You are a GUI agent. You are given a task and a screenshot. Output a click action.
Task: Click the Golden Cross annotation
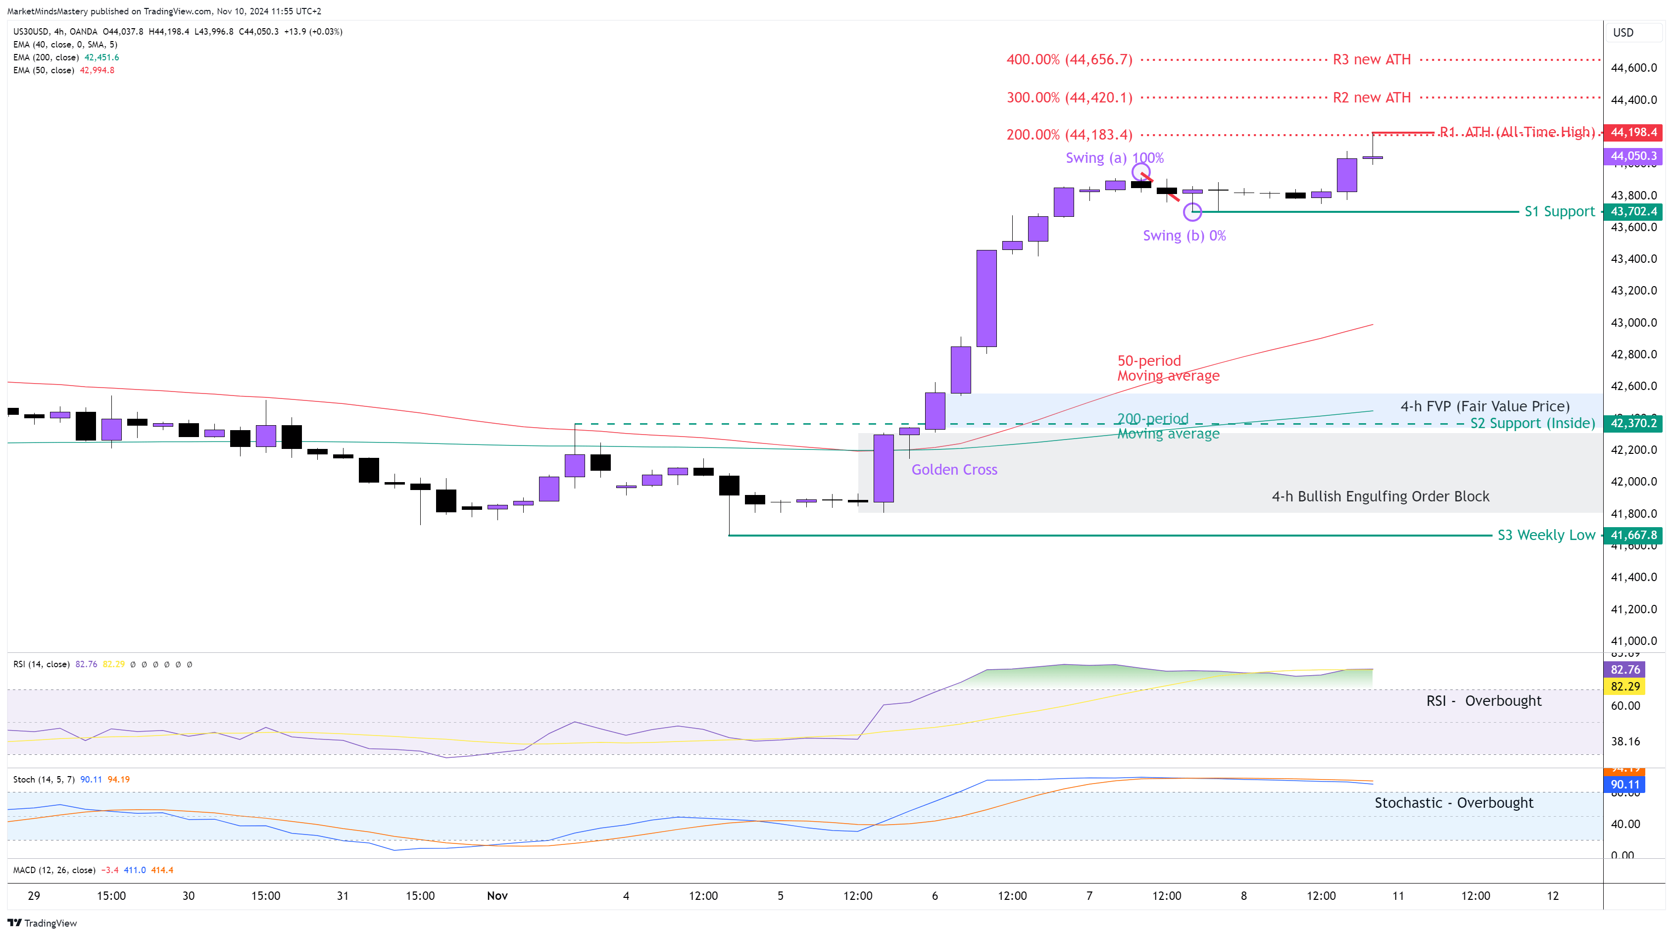(x=954, y=470)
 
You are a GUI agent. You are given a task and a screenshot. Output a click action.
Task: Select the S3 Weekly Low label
(x=1546, y=535)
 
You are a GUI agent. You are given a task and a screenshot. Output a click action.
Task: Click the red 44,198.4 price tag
(x=1633, y=133)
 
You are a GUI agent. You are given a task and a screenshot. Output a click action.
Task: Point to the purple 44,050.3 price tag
(x=1633, y=156)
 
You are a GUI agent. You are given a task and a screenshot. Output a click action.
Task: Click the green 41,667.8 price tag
(x=1633, y=535)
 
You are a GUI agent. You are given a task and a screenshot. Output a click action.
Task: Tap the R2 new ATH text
(x=1372, y=98)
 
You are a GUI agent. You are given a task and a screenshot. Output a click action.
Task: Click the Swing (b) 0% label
(x=1184, y=236)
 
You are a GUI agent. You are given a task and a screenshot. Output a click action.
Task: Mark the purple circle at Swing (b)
(x=1192, y=212)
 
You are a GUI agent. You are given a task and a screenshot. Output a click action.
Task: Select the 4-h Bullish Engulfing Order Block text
(x=1380, y=496)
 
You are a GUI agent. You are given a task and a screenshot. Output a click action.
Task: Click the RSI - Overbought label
(x=1483, y=701)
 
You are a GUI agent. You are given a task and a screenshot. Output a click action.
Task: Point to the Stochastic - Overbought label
(x=1454, y=803)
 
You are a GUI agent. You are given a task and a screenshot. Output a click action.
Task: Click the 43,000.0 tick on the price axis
(x=1633, y=323)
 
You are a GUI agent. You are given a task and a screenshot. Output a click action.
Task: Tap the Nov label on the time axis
(x=497, y=896)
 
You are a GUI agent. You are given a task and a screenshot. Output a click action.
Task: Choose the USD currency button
(x=1623, y=33)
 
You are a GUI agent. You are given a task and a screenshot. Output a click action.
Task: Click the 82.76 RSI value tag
(x=1625, y=670)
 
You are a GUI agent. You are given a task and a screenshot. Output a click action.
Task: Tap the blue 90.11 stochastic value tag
(x=1625, y=785)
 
